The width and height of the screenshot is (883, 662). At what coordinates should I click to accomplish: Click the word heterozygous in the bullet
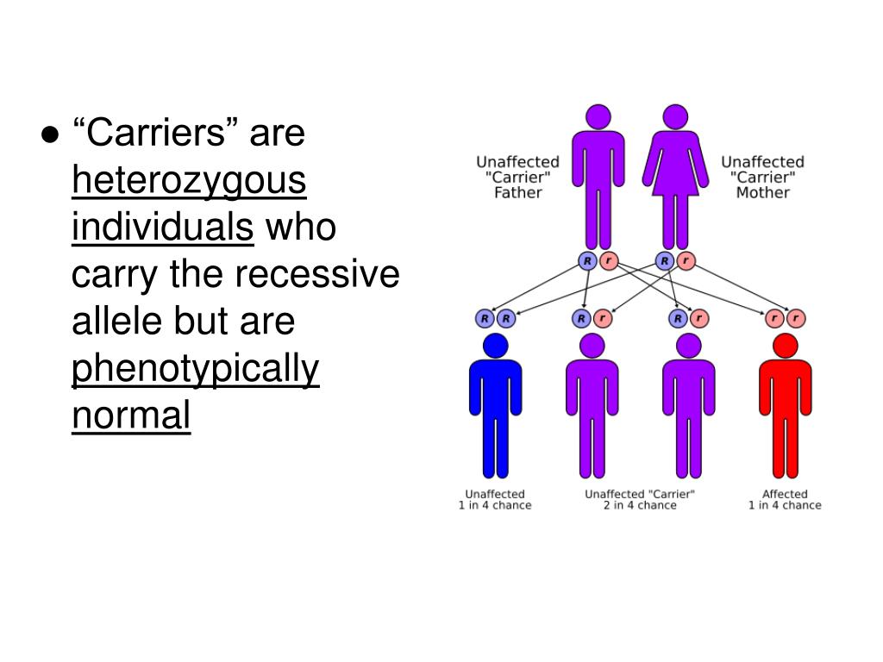click(189, 182)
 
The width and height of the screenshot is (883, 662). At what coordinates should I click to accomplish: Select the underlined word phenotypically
click(196, 370)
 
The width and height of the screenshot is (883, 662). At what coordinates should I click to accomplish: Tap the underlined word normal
click(130, 416)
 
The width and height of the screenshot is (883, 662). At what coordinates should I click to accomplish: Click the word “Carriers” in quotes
click(157, 134)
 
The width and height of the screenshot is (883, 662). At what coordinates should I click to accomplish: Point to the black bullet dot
click(49, 136)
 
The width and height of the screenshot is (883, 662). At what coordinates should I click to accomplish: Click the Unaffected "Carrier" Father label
click(517, 177)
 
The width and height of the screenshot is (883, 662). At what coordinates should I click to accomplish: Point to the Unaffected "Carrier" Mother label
click(762, 177)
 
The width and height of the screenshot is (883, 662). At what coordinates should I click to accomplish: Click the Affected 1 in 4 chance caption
click(785, 500)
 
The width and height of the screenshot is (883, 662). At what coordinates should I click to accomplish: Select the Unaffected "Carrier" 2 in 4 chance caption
click(640, 500)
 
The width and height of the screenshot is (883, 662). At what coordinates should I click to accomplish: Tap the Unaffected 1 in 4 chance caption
click(495, 500)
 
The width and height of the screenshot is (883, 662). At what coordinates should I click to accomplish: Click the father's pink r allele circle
click(609, 260)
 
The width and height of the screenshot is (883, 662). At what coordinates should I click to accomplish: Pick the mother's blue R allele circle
click(664, 260)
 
